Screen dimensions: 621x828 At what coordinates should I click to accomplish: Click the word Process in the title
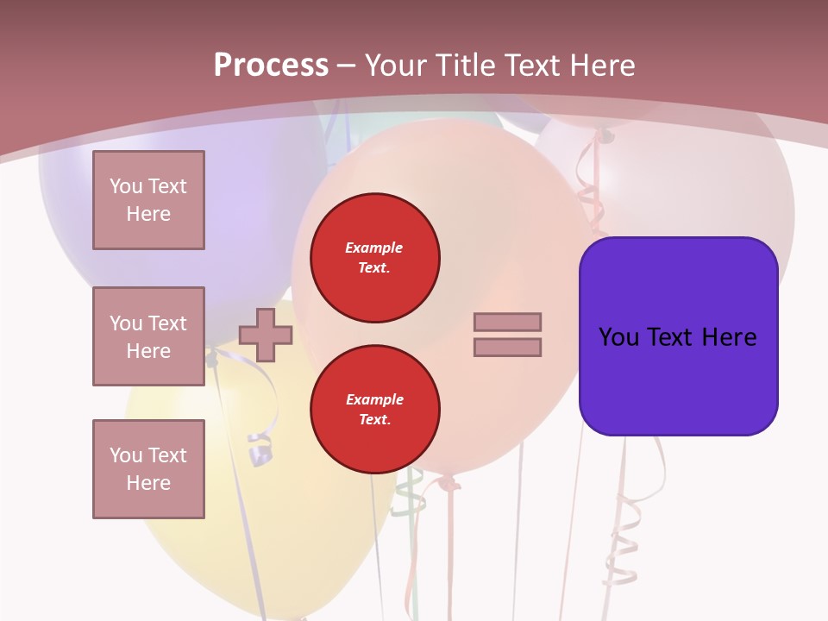pos(271,65)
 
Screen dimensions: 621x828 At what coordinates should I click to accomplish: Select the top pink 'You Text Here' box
pos(148,200)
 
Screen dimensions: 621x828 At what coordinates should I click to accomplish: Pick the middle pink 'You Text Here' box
pos(148,336)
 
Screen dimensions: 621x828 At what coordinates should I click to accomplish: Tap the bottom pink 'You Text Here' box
pos(148,469)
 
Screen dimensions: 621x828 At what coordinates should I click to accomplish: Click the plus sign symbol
pos(265,335)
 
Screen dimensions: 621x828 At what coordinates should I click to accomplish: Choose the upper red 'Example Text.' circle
pos(374,258)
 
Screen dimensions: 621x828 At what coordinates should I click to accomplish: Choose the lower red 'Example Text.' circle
pos(374,410)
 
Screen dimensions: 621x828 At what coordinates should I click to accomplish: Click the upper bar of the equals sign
pos(507,322)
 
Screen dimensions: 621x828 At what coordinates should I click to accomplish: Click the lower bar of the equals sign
pos(507,347)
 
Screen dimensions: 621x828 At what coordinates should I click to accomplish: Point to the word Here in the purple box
pos(729,336)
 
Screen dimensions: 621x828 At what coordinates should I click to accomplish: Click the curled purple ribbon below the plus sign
pos(260,448)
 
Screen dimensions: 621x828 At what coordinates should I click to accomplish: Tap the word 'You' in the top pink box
pos(126,186)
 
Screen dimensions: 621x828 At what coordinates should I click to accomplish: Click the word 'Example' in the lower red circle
pos(374,399)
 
